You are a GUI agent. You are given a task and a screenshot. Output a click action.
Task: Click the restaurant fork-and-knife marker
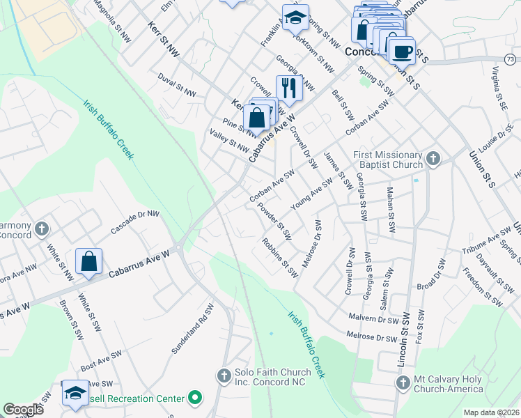pyautogui.click(x=287, y=88)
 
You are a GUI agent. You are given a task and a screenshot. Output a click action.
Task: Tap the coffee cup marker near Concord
pyautogui.click(x=402, y=50)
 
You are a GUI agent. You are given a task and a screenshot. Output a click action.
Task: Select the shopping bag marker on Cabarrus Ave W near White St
pyautogui.click(x=89, y=262)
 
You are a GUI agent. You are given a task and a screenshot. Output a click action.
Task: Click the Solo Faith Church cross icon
pyautogui.click(x=224, y=376)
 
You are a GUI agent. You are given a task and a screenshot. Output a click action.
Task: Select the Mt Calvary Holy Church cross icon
pyautogui.click(x=403, y=382)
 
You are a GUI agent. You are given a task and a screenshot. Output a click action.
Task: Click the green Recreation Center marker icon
pyautogui.click(x=196, y=398)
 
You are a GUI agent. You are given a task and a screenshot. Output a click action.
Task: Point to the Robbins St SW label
pyautogui.click(x=280, y=257)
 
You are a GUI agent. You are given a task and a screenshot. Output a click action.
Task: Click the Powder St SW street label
pyautogui.click(x=274, y=217)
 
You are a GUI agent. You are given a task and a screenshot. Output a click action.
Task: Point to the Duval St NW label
pyautogui.click(x=177, y=84)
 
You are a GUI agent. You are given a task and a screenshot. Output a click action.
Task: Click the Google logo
pyautogui.click(x=23, y=410)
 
